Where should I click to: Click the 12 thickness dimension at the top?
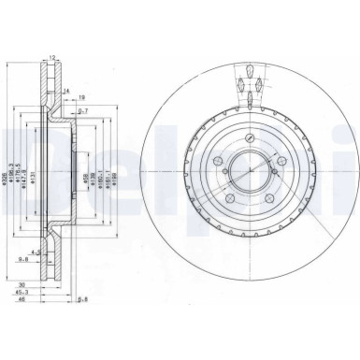[x=52, y=58]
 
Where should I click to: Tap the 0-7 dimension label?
[x=82, y=111]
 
